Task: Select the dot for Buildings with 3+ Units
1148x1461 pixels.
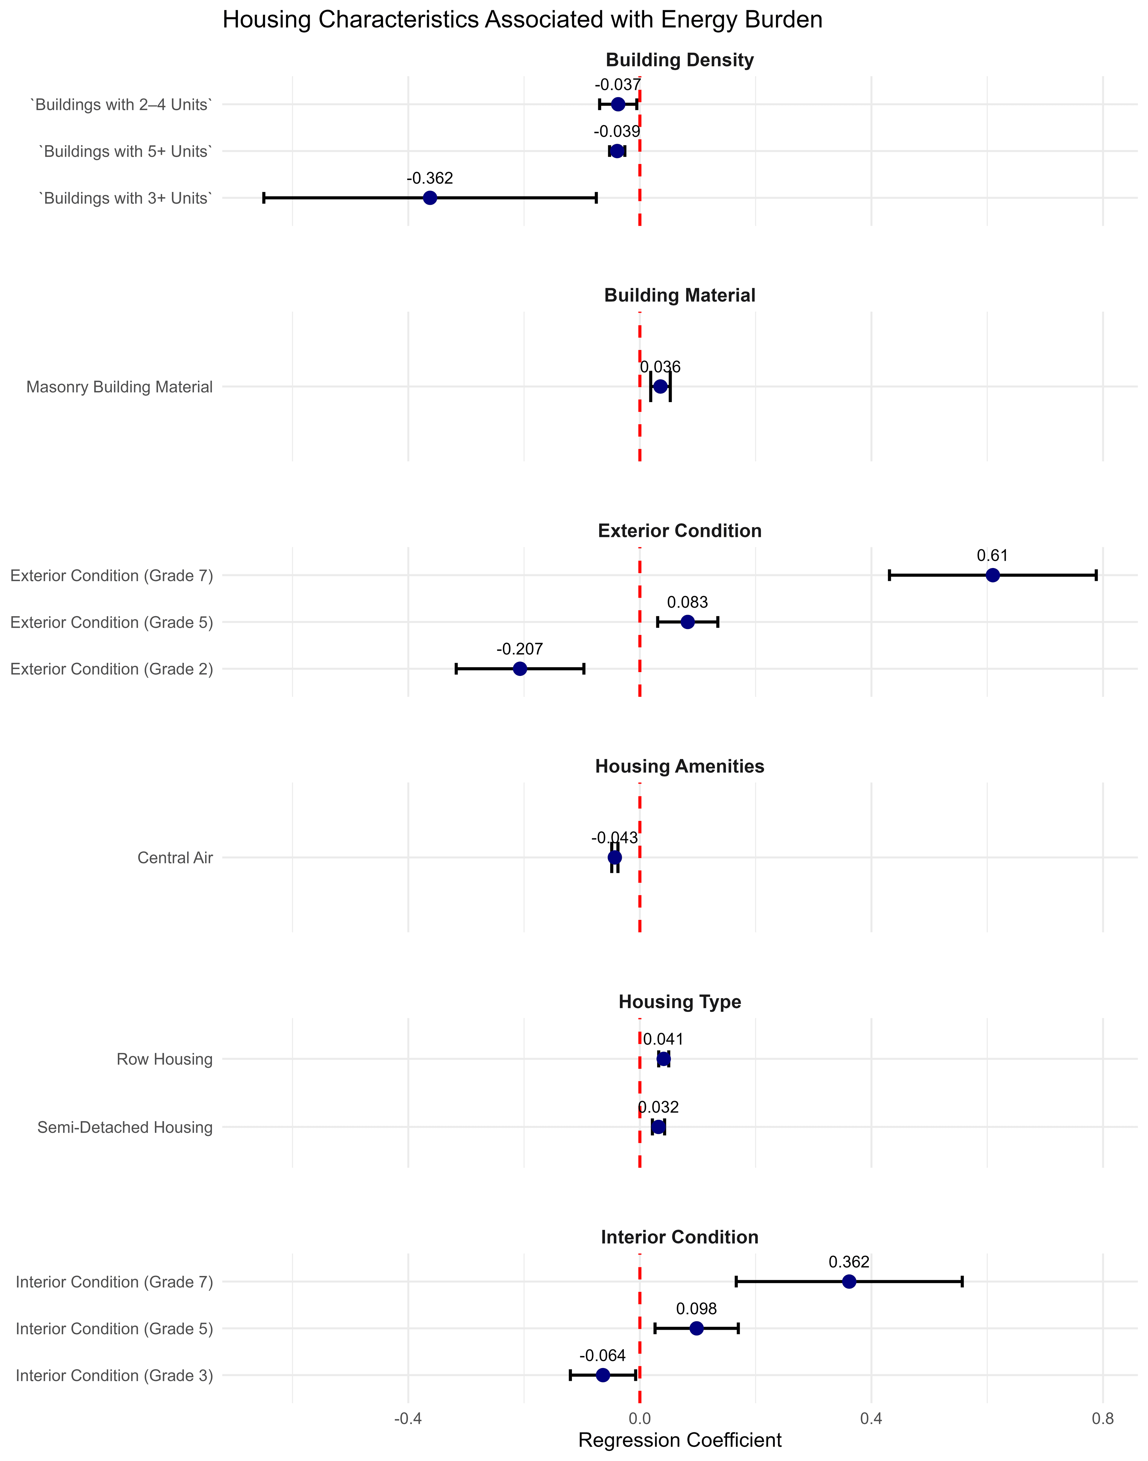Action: [x=430, y=198]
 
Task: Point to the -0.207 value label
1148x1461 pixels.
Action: [x=520, y=649]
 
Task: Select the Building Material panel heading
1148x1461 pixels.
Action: [x=680, y=296]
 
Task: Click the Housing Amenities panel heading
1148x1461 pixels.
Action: [x=680, y=767]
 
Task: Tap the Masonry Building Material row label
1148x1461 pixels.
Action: [x=120, y=387]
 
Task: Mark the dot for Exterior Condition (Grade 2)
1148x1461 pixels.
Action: [x=520, y=669]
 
